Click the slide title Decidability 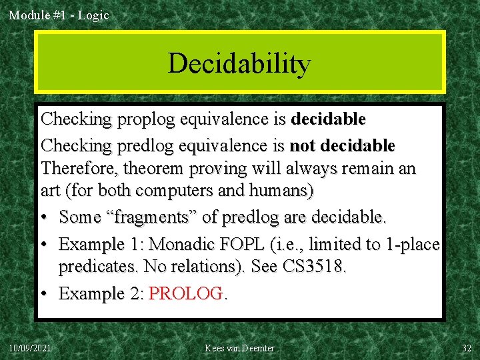coord(239,63)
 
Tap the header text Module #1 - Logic coord(59,15)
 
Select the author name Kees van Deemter coord(240,348)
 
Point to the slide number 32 coord(467,348)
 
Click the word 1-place coord(413,244)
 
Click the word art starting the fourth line coord(51,191)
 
